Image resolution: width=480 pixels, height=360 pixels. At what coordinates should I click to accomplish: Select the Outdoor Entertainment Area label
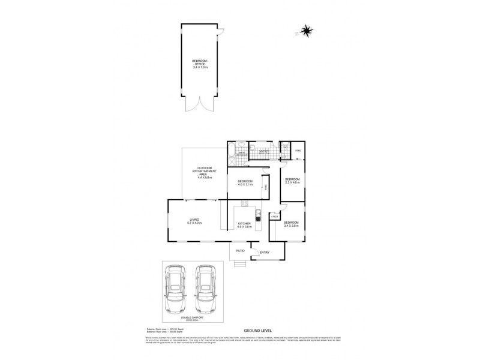205,172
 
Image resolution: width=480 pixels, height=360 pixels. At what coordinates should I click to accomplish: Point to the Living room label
195,221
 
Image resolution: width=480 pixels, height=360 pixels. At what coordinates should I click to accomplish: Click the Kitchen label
244,226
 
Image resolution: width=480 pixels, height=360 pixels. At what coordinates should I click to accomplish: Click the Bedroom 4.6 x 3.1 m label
245,182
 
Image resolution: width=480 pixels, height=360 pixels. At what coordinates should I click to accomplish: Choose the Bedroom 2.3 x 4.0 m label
292,181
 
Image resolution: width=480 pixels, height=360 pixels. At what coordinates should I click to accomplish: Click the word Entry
264,252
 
